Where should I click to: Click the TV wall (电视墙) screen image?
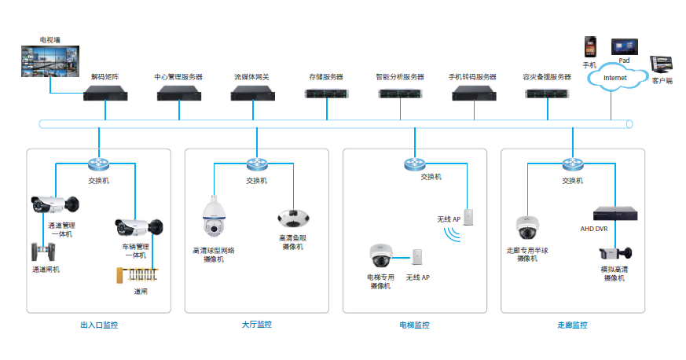click(x=50, y=61)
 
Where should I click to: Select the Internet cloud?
click(x=616, y=77)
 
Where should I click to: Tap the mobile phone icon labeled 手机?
click(x=590, y=47)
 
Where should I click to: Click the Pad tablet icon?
click(x=624, y=47)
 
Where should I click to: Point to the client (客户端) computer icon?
click(x=661, y=64)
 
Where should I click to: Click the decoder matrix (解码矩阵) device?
click(x=105, y=94)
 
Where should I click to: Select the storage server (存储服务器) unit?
click(x=326, y=94)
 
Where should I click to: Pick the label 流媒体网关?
click(x=251, y=77)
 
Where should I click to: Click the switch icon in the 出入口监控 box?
click(x=98, y=164)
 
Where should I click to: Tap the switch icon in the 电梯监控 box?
click(x=414, y=164)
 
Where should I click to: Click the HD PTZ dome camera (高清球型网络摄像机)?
click(x=214, y=216)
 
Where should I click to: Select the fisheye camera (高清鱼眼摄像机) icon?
click(x=293, y=219)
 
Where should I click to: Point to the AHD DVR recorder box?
click(x=615, y=214)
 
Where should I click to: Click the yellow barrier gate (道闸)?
click(x=137, y=274)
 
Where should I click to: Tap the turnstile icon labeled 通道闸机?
click(x=43, y=252)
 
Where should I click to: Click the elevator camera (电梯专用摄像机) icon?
click(x=380, y=255)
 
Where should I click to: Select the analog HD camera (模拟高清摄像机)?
click(x=615, y=254)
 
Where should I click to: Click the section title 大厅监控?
click(x=257, y=325)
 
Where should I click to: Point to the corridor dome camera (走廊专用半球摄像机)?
click(x=527, y=227)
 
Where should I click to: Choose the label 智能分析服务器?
click(x=400, y=77)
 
